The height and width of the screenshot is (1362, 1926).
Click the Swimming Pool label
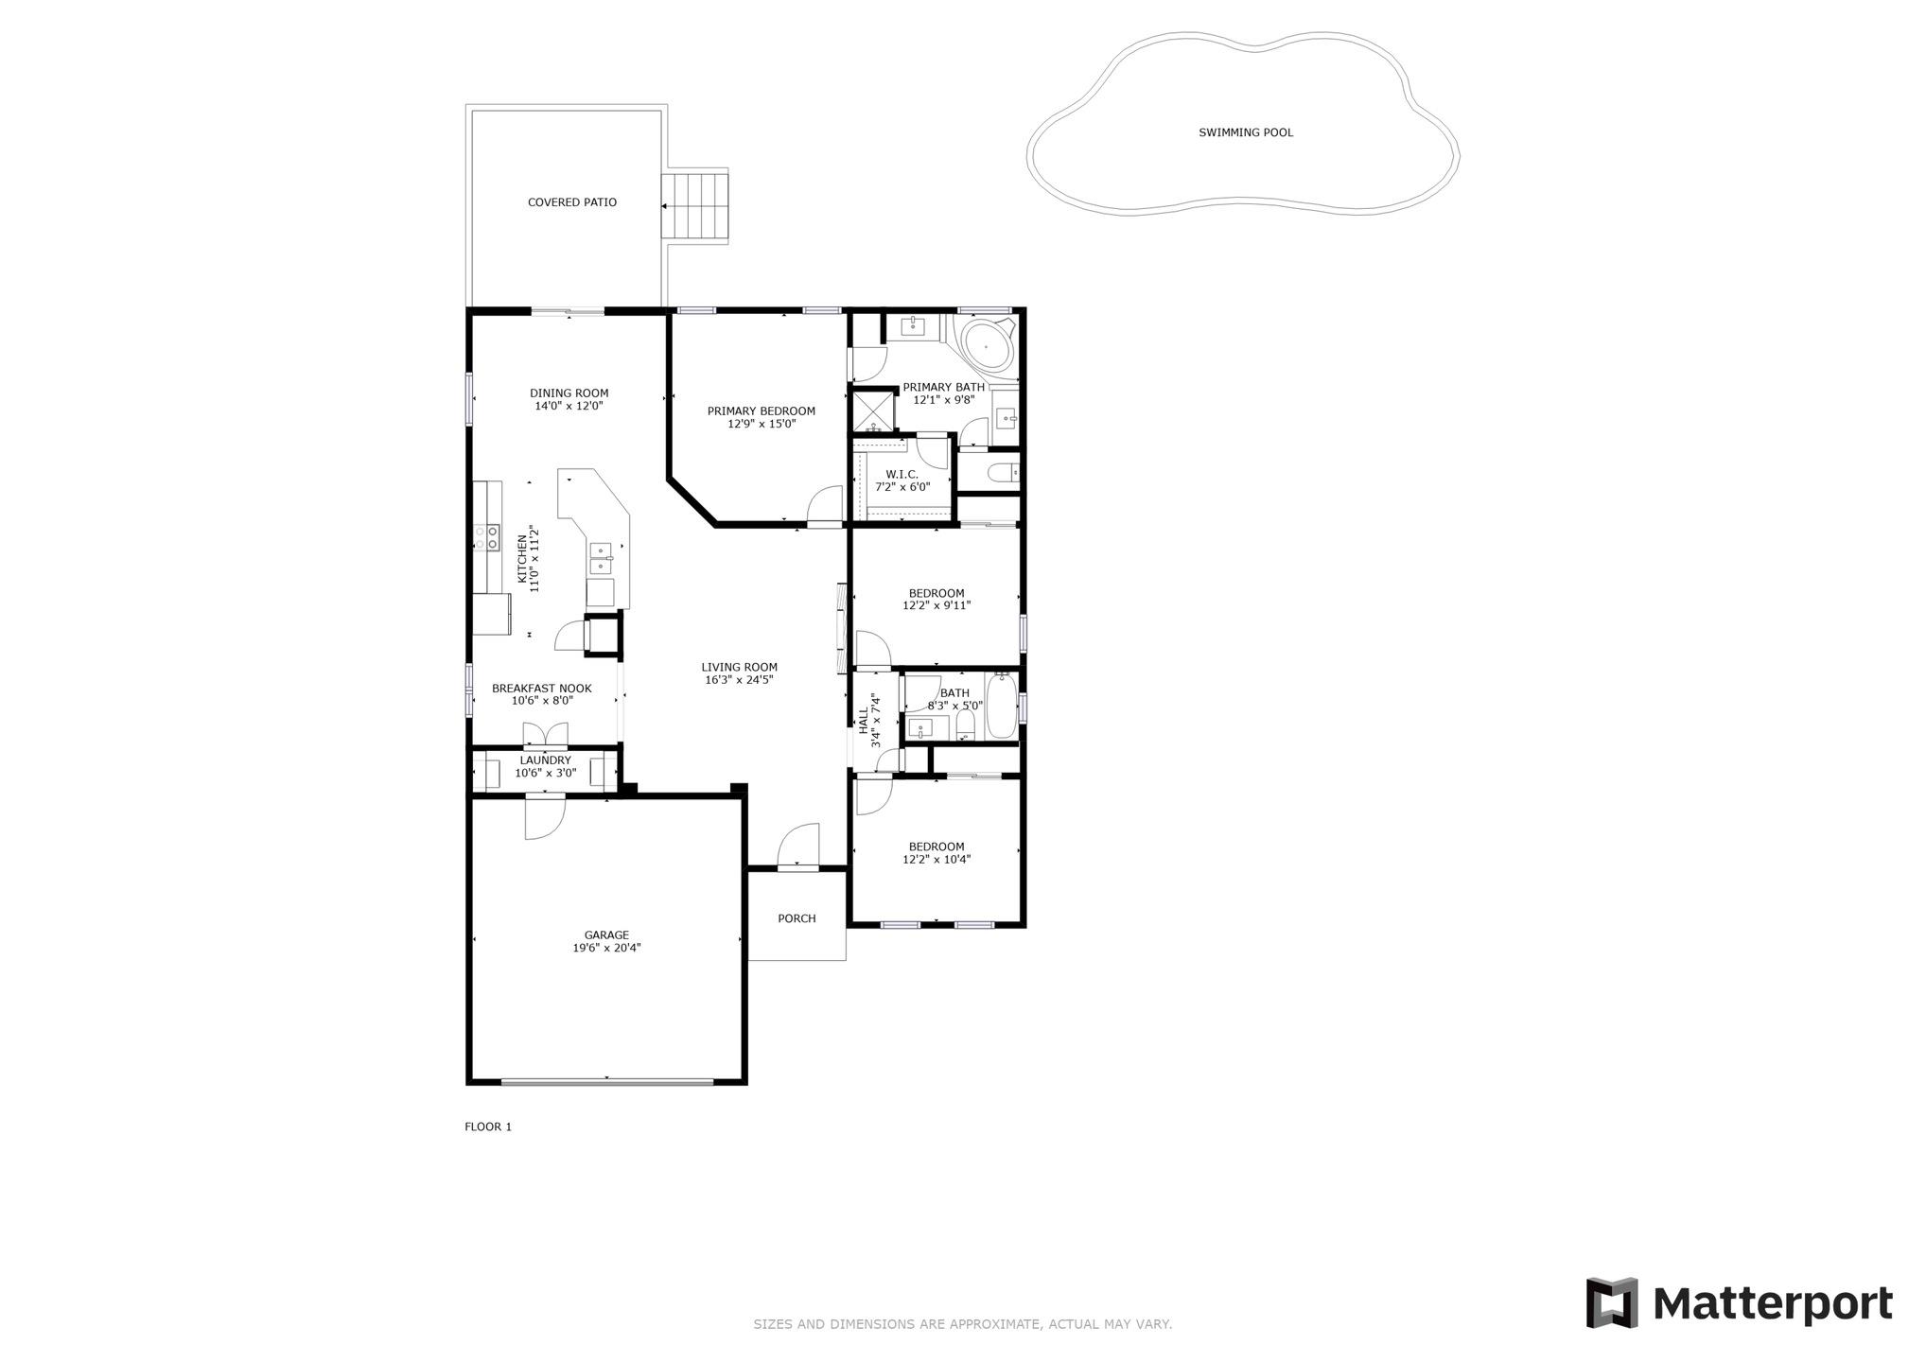(x=1245, y=132)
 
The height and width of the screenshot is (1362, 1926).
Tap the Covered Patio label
(x=571, y=202)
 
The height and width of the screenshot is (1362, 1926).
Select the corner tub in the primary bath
(x=986, y=348)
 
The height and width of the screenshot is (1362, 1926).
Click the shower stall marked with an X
(x=872, y=410)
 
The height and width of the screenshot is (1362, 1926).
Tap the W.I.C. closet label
(x=902, y=475)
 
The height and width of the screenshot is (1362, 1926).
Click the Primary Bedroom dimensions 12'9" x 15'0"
(x=761, y=425)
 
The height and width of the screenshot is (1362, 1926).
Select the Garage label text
(x=606, y=935)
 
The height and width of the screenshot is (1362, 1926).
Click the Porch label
(x=797, y=918)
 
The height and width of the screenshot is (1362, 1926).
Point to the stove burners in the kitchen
(x=487, y=537)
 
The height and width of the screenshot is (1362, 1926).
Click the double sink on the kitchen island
(x=601, y=558)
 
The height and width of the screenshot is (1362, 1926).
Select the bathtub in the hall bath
(x=1001, y=707)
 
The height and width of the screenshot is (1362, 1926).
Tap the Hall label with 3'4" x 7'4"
(x=868, y=721)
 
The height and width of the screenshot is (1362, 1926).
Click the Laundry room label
(x=545, y=760)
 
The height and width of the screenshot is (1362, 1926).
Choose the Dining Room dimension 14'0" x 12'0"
(x=569, y=406)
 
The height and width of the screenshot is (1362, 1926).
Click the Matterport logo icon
(x=1611, y=1303)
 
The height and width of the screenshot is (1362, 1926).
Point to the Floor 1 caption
(x=487, y=1126)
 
